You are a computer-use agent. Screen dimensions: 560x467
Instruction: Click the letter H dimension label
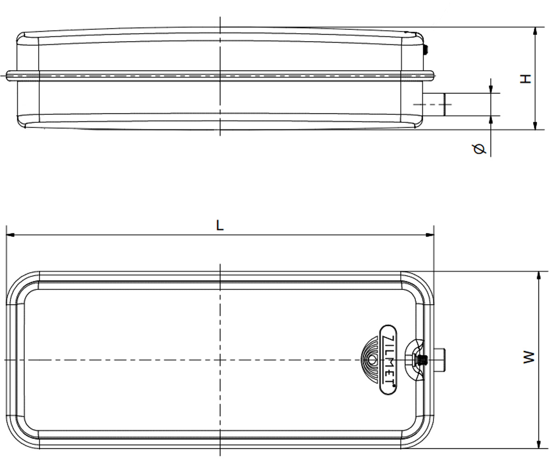tap(525, 79)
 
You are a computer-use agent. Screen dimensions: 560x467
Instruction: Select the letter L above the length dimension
tap(220, 226)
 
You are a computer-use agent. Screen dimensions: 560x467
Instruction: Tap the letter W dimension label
tap(529, 357)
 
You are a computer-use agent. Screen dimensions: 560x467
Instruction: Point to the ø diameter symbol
tap(479, 149)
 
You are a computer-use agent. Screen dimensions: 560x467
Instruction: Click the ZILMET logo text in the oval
tap(388, 360)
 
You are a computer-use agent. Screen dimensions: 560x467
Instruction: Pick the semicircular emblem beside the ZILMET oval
tap(370, 360)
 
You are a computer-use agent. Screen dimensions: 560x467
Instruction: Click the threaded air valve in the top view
tap(421, 359)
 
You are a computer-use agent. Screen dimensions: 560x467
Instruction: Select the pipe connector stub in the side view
tap(434, 105)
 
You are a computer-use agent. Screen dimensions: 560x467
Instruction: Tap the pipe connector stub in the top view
tap(439, 360)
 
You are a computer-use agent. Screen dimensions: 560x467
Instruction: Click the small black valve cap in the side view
tap(426, 50)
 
